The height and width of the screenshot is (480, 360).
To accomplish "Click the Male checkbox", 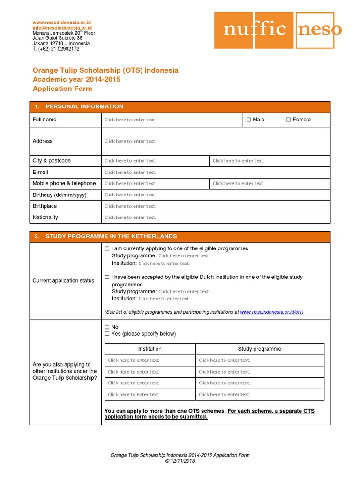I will click(x=248, y=120).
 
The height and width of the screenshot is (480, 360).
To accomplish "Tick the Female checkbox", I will click(x=288, y=120).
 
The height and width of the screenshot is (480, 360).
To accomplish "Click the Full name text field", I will click(x=130, y=120).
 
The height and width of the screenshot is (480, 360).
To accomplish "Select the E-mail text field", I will click(x=130, y=172).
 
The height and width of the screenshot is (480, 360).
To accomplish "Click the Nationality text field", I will click(x=130, y=217).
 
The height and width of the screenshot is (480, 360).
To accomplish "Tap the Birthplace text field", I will click(x=130, y=206).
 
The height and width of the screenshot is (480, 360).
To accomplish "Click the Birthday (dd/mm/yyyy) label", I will click(x=60, y=195).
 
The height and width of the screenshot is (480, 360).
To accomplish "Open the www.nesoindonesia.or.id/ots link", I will click(x=270, y=312).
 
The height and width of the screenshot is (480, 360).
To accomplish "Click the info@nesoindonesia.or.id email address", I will click(x=62, y=28).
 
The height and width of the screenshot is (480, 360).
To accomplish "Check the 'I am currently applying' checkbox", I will click(x=107, y=248).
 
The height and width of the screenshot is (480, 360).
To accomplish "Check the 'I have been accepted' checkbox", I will click(x=107, y=277).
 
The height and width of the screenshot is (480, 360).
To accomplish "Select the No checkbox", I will click(x=107, y=327).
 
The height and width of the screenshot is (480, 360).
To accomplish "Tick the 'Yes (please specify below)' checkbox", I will click(x=107, y=334).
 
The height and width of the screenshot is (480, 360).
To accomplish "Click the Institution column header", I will click(x=150, y=349).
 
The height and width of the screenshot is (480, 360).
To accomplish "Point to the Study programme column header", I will click(x=260, y=349).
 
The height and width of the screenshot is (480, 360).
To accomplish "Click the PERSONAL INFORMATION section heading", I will click(x=84, y=107).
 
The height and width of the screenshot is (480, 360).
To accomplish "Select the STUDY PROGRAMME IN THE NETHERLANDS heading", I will click(x=111, y=237).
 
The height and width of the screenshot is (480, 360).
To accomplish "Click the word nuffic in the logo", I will click(x=255, y=30).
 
